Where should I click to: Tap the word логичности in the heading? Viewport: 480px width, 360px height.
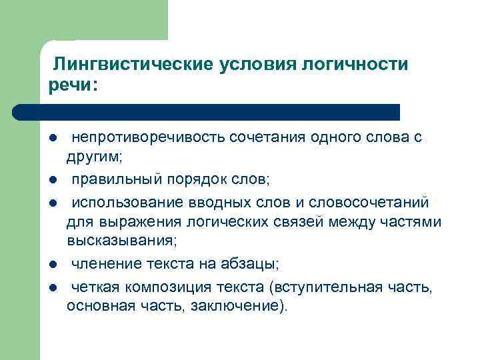point(355,64)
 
